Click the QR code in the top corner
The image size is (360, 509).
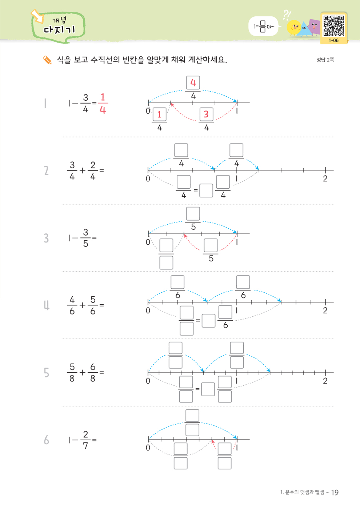pyautogui.click(x=333, y=25)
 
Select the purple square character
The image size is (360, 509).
pyautogui.click(x=314, y=27)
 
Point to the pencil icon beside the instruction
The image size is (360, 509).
pyautogui.click(x=47, y=60)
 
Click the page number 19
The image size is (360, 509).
pyautogui.click(x=335, y=492)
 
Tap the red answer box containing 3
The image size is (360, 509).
pyautogui.click(x=206, y=115)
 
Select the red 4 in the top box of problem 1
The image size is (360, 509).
pyautogui.click(x=193, y=83)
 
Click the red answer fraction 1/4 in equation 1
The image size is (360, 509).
pyautogui.click(x=103, y=103)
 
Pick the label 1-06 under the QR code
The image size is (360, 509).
pyautogui.click(x=333, y=40)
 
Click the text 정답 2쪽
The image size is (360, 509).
pyautogui.click(x=325, y=60)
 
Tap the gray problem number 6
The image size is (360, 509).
pyautogui.click(x=47, y=440)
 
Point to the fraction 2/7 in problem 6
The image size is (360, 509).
pyautogui.click(x=85, y=440)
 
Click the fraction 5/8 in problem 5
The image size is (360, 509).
pyautogui.click(x=72, y=373)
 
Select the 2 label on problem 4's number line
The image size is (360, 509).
pyautogui.click(x=325, y=310)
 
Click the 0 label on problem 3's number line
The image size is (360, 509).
pyautogui.click(x=148, y=242)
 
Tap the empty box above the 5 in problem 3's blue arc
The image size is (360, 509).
pyautogui.click(x=193, y=214)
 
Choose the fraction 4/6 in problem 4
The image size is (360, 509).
pyautogui.click(x=72, y=305)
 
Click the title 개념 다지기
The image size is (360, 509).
pyautogui.click(x=59, y=26)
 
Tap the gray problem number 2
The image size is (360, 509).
pyautogui.click(x=46, y=171)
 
